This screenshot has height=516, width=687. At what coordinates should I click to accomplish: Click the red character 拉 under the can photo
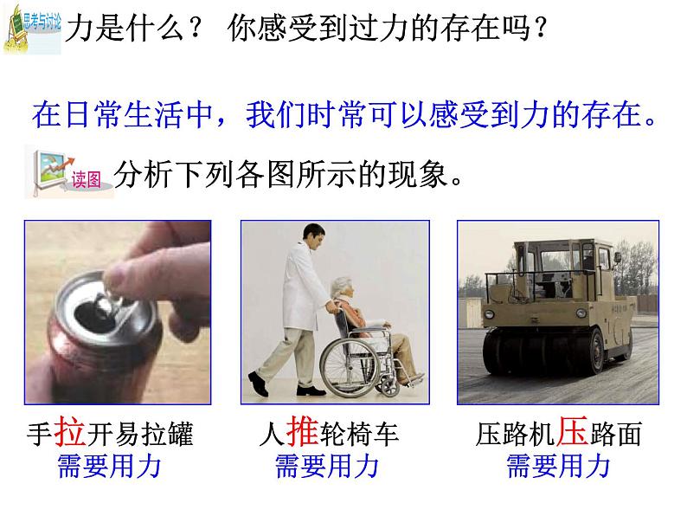pos(70,431)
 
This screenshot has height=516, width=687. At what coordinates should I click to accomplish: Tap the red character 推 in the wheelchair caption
pos(302,431)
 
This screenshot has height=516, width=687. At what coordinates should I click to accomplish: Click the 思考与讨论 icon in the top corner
pos(32,29)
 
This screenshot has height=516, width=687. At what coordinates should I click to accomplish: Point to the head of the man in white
pos(314,237)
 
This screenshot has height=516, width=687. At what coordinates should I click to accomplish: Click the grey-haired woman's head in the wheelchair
pos(341,287)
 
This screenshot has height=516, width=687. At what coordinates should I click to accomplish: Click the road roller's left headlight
pos(489,314)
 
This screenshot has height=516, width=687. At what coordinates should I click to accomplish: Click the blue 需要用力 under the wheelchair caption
pos(327,466)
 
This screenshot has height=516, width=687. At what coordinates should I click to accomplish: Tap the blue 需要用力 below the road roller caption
pos(558,466)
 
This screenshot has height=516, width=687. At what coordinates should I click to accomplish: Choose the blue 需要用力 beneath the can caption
pos(110,466)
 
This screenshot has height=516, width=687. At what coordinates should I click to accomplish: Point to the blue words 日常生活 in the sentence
pos(124,115)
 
